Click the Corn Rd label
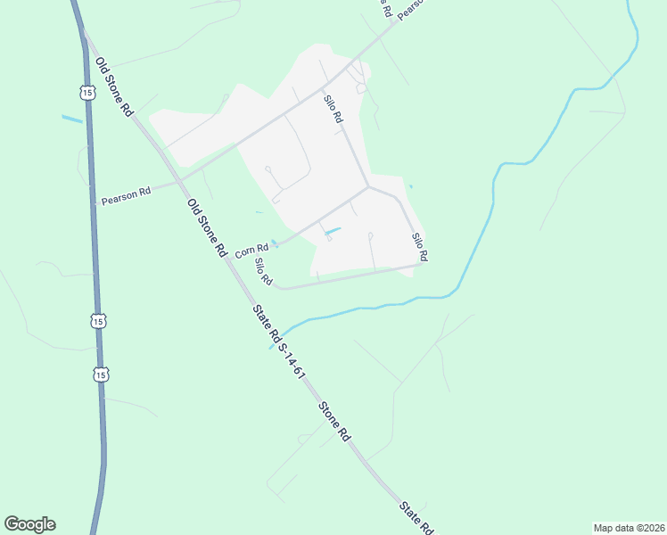(x=251, y=251)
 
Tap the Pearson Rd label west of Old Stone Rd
(x=126, y=197)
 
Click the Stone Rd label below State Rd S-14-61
(x=333, y=421)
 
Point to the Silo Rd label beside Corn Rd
(x=262, y=272)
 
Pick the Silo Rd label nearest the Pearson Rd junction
(x=334, y=109)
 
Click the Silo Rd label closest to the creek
(x=420, y=246)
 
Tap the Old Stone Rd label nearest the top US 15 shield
(x=114, y=86)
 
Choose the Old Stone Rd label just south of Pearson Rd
(x=207, y=228)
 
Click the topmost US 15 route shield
(x=86, y=92)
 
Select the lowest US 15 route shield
(x=101, y=374)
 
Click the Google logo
(x=29, y=524)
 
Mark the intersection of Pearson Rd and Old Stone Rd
(x=177, y=183)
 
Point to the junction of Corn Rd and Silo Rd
(x=367, y=187)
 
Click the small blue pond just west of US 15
(x=71, y=119)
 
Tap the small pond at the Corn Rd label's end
(x=275, y=244)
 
